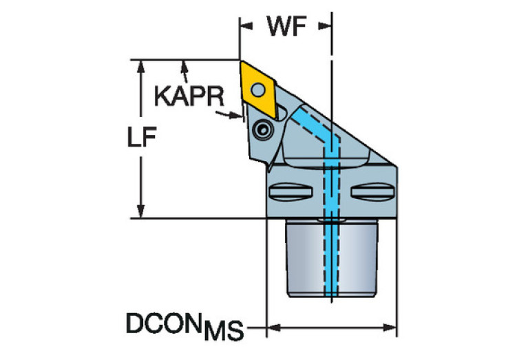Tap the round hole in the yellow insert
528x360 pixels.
(x=258, y=90)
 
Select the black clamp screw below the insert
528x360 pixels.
(x=262, y=130)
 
